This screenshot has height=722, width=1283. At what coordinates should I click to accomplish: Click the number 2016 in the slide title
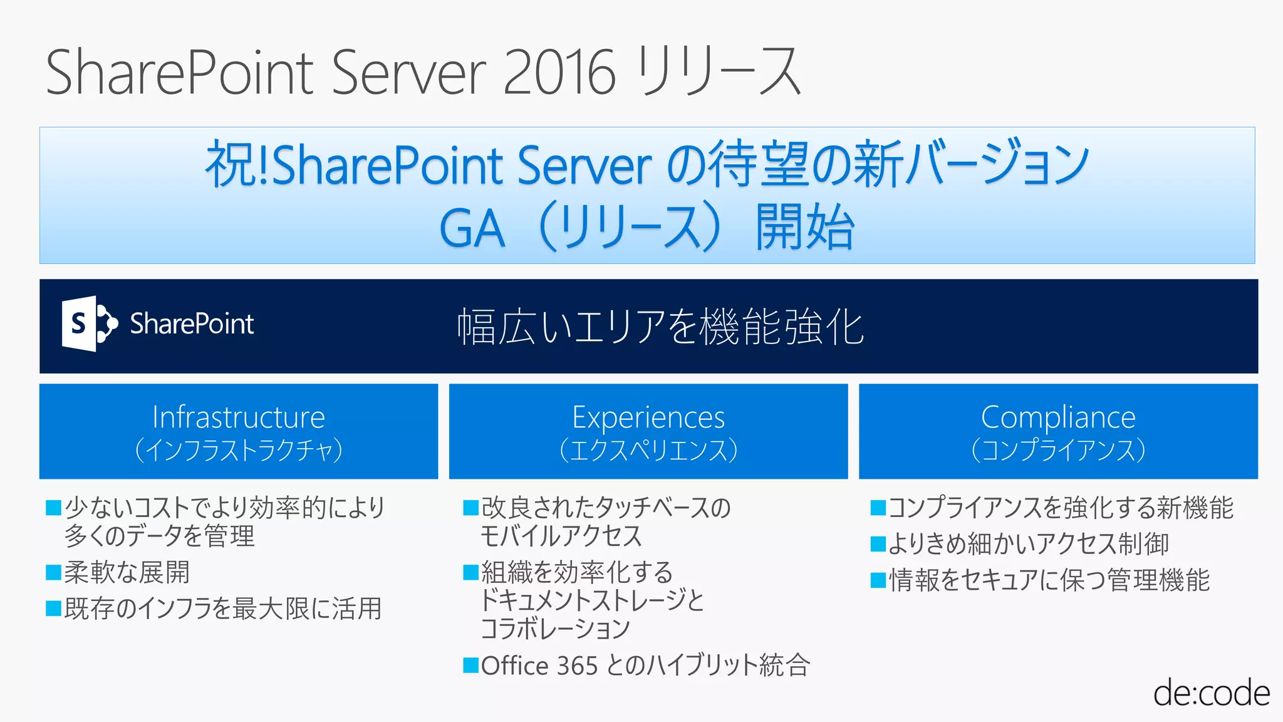[x=559, y=73]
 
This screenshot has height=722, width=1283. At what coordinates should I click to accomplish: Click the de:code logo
[x=1211, y=693]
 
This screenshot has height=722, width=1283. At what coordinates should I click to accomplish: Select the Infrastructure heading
[x=239, y=417]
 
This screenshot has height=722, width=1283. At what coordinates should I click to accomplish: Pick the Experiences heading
[x=648, y=417]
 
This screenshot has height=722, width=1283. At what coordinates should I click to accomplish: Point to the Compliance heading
[x=1058, y=417]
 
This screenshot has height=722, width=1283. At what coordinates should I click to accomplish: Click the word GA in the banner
[x=472, y=229]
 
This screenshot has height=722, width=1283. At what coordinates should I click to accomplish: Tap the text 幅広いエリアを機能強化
[x=660, y=327]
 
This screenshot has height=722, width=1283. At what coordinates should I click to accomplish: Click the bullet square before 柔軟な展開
[x=53, y=572]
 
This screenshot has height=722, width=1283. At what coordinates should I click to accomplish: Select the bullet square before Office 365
[x=470, y=665]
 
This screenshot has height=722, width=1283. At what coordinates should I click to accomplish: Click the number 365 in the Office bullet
[x=576, y=666]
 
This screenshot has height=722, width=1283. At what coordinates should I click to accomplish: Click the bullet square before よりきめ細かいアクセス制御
[x=878, y=544]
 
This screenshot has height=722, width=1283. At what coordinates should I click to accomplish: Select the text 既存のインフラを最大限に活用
[x=223, y=609]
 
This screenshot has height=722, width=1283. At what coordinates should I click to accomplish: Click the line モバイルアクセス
[x=561, y=536]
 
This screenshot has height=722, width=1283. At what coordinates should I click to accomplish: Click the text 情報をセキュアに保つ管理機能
[x=1049, y=580]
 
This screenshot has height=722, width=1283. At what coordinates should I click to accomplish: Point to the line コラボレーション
[x=555, y=629]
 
